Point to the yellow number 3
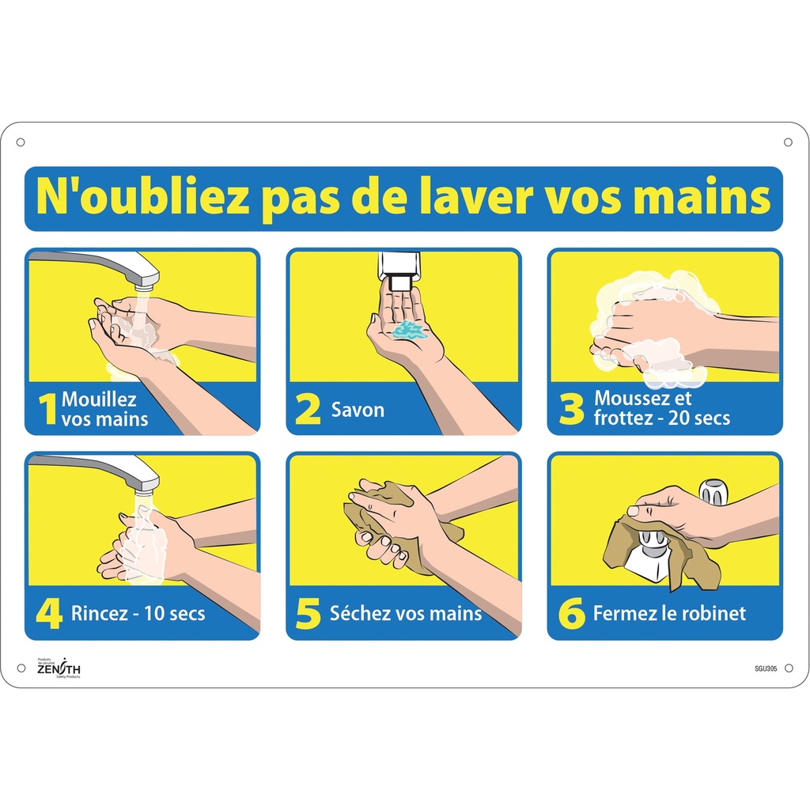[570, 410]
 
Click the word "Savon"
[358, 410]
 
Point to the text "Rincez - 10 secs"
[138, 613]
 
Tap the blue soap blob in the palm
[410, 330]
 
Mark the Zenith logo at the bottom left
[59, 668]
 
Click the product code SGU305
[766, 668]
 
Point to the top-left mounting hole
[21, 142]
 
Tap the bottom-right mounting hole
[788, 668]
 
